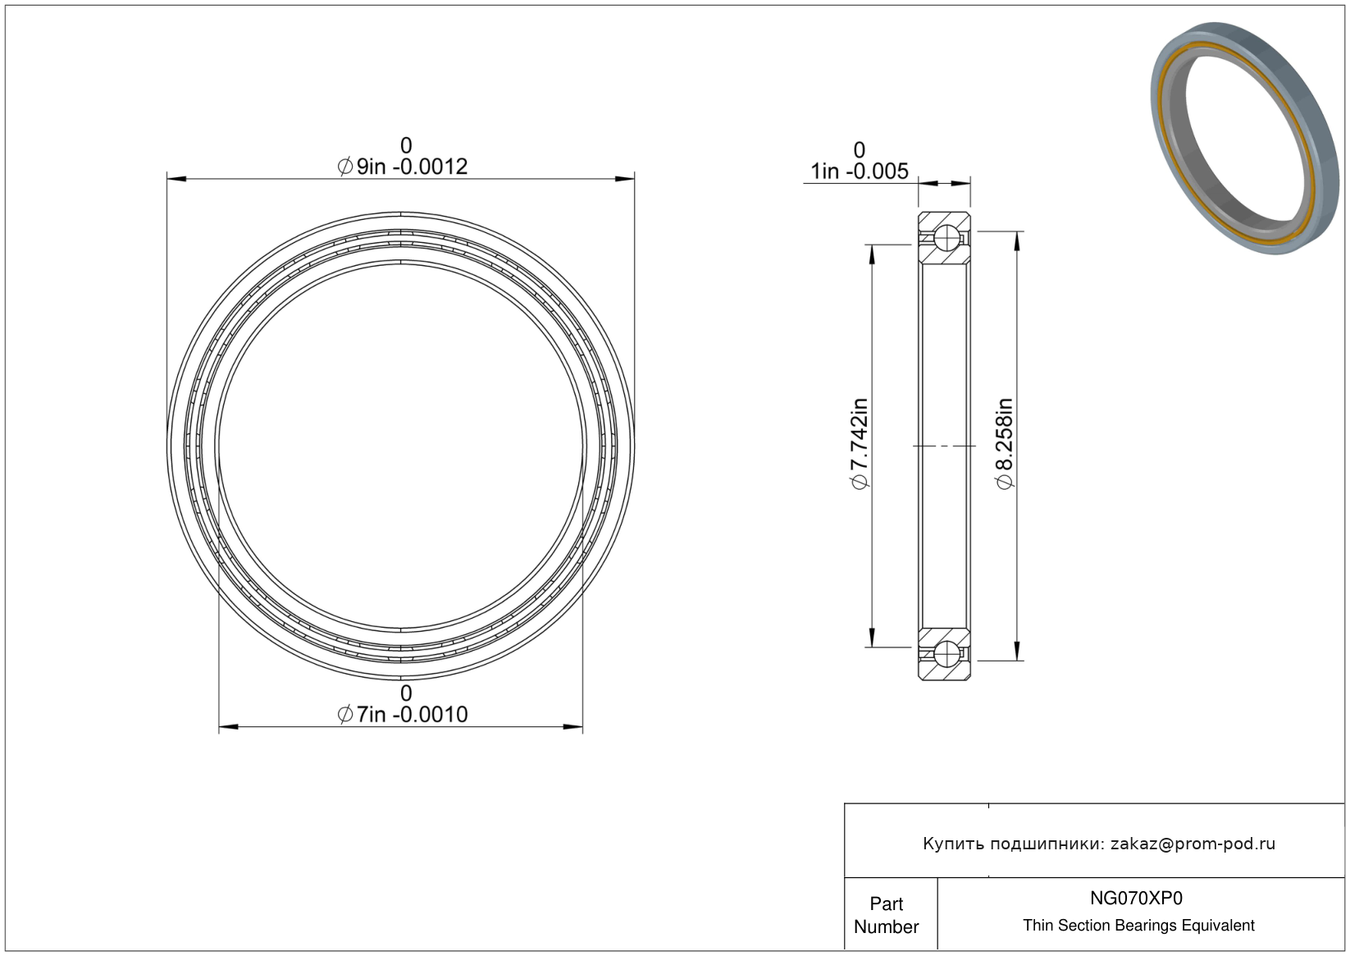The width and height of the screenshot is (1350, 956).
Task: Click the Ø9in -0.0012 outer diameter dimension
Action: pyautogui.click(x=403, y=167)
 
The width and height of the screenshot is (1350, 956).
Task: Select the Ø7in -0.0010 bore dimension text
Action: pyautogui.click(x=403, y=714)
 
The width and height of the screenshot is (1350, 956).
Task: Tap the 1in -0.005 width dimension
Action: pyautogui.click(x=859, y=172)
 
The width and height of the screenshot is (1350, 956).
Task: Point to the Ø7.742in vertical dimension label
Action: pyautogui.click(x=859, y=444)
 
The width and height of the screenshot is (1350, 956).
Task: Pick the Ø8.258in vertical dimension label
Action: pyautogui.click(x=1005, y=444)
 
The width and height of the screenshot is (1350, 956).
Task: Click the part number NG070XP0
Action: pyautogui.click(x=1136, y=898)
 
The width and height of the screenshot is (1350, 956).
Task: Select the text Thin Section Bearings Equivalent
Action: pyautogui.click(x=1138, y=926)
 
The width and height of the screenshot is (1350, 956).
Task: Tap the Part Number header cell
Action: pyautogui.click(x=887, y=915)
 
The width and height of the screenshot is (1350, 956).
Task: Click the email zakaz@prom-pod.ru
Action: pyautogui.click(x=1193, y=844)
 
